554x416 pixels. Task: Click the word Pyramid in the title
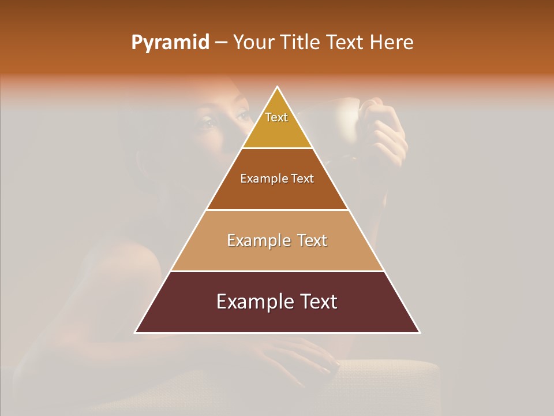point(170,43)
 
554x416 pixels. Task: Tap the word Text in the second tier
point(302,179)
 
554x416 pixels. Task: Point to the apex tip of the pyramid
point(278,88)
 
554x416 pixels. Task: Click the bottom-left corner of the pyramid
point(136,332)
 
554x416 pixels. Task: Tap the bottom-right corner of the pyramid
point(419,332)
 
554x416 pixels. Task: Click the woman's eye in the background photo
point(206,122)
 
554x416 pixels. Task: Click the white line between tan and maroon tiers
point(277,271)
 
